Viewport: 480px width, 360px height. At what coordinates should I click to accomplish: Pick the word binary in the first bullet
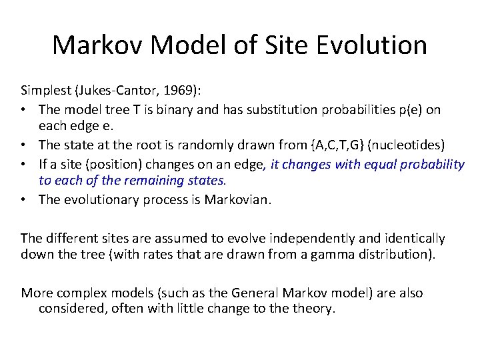coord(176,109)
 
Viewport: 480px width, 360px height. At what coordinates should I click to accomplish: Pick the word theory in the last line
coord(313,308)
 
